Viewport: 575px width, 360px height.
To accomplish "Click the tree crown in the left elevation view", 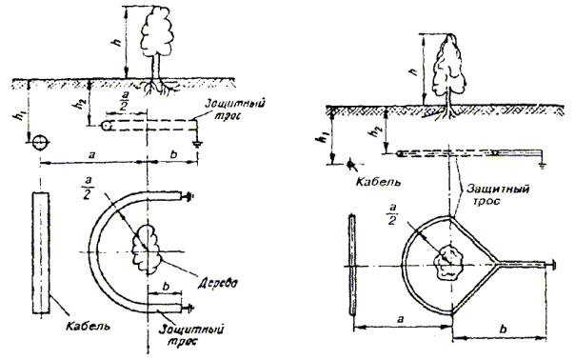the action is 156,30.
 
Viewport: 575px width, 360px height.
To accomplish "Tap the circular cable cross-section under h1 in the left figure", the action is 40,143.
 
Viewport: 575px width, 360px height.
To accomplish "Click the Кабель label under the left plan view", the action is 88,326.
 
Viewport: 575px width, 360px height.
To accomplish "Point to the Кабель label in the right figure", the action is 379,181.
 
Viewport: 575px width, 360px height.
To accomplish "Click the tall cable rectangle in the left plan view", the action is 41,252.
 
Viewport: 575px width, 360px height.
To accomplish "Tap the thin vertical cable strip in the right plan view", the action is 352,265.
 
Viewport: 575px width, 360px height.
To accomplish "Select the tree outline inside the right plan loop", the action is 447,263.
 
